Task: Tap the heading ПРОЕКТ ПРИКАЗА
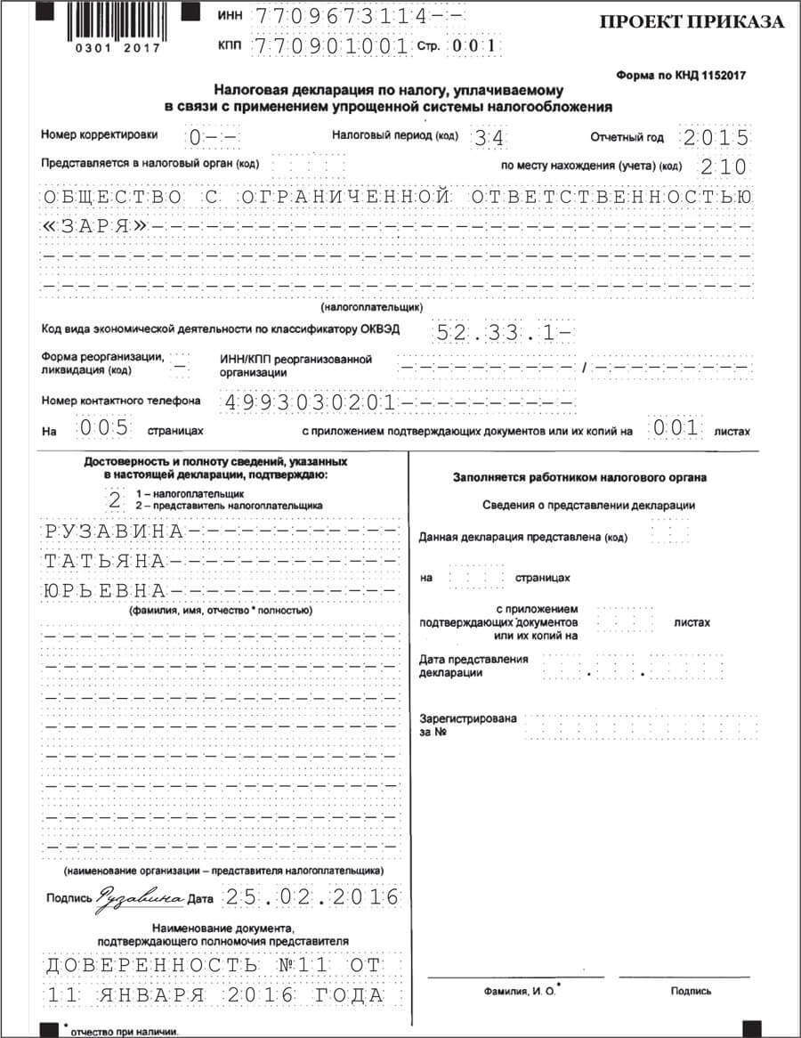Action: coord(692,22)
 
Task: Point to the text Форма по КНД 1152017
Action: coord(681,76)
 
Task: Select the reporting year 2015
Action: coord(716,138)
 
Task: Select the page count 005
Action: coord(104,428)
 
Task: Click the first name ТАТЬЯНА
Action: coord(105,562)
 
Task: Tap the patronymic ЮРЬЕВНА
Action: coord(105,591)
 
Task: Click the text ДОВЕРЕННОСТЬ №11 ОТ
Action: coord(213,966)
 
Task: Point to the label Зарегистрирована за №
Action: coord(467,726)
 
